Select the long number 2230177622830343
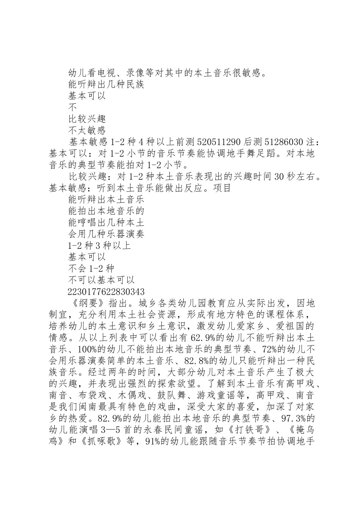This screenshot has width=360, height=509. click(x=106, y=292)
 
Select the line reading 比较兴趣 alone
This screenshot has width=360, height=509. click(x=87, y=119)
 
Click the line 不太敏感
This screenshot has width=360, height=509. click(x=87, y=131)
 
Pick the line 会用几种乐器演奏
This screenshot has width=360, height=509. click(x=106, y=234)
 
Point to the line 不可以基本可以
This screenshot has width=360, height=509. click(x=101, y=280)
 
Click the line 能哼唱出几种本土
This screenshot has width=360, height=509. click(x=106, y=223)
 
